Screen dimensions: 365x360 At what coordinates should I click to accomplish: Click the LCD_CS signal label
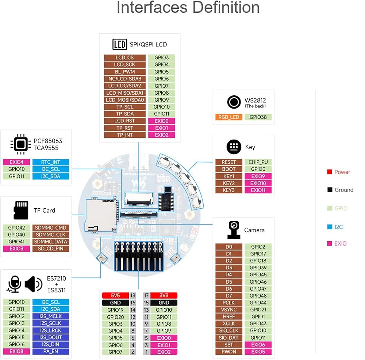(125, 58)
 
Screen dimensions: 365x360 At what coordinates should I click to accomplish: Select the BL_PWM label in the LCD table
(125, 72)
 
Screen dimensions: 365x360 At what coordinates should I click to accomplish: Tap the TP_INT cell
(125, 135)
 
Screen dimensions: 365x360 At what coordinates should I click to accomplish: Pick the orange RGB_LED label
(229, 117)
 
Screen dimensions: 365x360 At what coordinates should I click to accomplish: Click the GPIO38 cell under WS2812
(258, 117)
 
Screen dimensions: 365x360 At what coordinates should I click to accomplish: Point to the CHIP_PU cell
(258, 162)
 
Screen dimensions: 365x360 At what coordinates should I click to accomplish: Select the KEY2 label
(229, 183)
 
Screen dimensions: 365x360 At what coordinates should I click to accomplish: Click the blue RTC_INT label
(50, 162)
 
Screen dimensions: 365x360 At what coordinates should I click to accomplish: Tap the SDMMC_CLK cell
(50, 235)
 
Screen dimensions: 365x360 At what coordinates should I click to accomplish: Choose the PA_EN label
(50, 351)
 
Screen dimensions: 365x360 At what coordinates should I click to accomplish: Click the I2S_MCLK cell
(50, 316)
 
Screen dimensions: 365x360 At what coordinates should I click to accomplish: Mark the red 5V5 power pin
(115, 295)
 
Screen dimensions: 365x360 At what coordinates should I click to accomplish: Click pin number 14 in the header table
(133, 310)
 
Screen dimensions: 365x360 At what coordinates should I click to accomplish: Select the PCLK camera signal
(229, 303)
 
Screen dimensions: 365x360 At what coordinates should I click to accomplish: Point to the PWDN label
(229, 352)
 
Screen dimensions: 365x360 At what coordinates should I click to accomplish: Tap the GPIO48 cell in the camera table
(258, 296)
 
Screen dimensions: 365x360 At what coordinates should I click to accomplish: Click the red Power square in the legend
(329, 172)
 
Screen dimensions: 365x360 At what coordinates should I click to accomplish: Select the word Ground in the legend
(344, 190)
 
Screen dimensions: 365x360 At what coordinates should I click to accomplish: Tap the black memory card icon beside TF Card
(21, 210)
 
